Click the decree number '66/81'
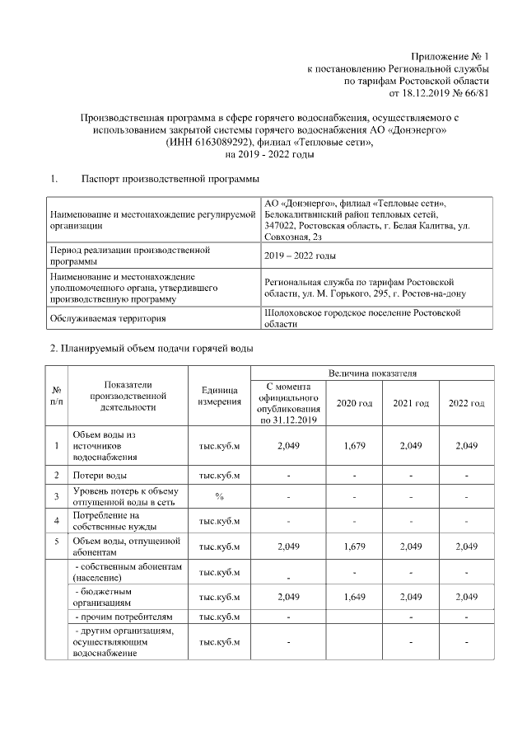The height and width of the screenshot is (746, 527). tap(477, 93)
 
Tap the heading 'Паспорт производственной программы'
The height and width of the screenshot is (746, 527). tap(170, 179)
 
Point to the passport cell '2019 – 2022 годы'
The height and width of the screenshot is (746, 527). tap(299, 256)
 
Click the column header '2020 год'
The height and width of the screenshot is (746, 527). tap(355, 403)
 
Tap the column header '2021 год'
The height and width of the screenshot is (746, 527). tap(411, 403)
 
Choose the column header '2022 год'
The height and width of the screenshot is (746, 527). tap(466, 403)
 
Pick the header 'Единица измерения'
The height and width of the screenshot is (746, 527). tap(219, 396)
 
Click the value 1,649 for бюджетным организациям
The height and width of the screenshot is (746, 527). tap(355, 596)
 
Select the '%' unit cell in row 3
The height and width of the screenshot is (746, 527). tap(219, 496)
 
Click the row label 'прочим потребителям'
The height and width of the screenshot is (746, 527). tap(124, 616)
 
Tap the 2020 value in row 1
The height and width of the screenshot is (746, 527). tap(355, 446)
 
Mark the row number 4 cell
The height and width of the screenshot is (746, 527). tap(56, 520)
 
